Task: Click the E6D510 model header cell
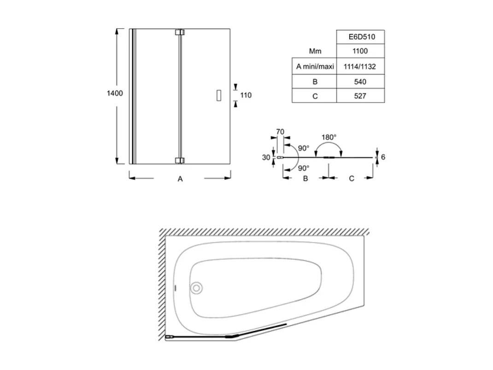(360, 37)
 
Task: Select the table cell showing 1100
(360, 51)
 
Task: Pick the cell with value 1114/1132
(360, 66)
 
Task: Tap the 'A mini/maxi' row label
(315, 66)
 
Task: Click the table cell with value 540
(360, 82)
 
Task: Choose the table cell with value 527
(360, 96)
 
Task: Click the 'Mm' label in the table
(315, 51)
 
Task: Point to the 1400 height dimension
(115, 93)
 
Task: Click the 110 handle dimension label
(246, 95)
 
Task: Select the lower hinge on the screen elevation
(180, 160)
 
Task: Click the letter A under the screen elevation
(180, 179)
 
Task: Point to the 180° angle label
(329, 137)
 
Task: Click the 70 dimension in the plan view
(280, 132)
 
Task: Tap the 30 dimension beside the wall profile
(266, 157)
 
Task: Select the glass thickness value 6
(383, 157)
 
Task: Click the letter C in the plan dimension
(351, 179)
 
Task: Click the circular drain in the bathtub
(196, 288)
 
